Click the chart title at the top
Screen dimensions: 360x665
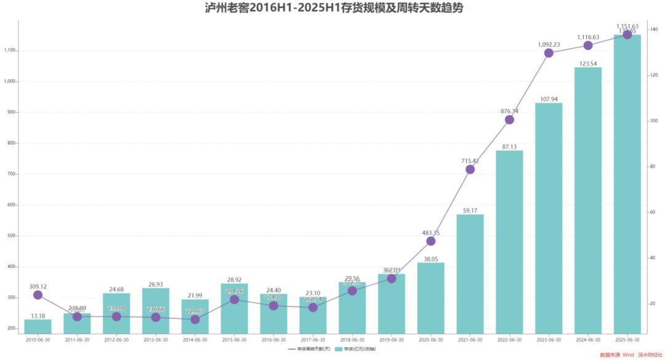click(334, 8)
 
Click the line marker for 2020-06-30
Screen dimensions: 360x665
click(430, 241)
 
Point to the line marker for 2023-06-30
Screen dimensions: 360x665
click(549, 53)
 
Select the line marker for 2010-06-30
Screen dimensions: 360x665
click(38, 295)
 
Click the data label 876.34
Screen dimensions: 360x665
click(510, 111)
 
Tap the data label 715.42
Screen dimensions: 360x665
click(470, 161)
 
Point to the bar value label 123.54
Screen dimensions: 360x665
click(588, 63)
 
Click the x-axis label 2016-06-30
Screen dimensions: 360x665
click(273, 340)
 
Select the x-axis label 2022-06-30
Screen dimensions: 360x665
click(509, 340)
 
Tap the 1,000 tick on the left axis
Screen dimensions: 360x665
click(10, 81)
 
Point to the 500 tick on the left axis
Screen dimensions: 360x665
click(12, 236)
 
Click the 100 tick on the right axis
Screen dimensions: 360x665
click(653, 121)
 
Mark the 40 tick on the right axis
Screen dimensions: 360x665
click(652, 258)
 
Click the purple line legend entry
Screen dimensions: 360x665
click(310, 349)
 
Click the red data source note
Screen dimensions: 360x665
click(631, 354)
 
